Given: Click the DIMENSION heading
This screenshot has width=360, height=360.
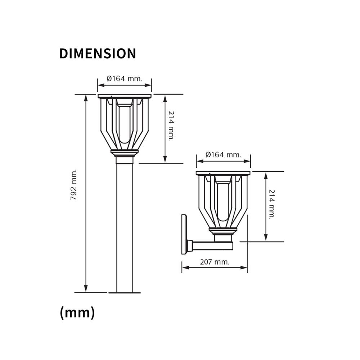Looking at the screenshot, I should coord(98,53).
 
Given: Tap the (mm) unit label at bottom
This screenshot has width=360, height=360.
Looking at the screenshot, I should coord(77,312).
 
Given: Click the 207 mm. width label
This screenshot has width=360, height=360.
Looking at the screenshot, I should coord(215,262).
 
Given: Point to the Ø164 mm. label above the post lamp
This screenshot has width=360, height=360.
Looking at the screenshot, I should coord(125,78).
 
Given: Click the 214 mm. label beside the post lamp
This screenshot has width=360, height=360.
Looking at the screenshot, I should coord(171,125).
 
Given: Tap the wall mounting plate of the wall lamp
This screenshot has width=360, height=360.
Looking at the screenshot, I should coord(184,234).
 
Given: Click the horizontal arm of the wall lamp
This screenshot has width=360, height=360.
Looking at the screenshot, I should coord(212,246).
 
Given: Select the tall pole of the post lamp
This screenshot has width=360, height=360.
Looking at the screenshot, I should coord(125,227).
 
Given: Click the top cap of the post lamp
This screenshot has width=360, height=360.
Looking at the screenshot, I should coord(125,96).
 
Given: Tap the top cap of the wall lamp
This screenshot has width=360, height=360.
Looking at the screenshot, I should coord(223,173).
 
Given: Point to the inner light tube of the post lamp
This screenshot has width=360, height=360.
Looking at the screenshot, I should coord(125,122).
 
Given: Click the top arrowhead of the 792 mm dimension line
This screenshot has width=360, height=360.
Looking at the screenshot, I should coord(86,98).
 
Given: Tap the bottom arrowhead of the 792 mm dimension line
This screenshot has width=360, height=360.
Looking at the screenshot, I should coord(86,289).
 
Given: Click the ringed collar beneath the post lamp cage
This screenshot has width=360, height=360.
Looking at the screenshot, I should coord(125,153).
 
